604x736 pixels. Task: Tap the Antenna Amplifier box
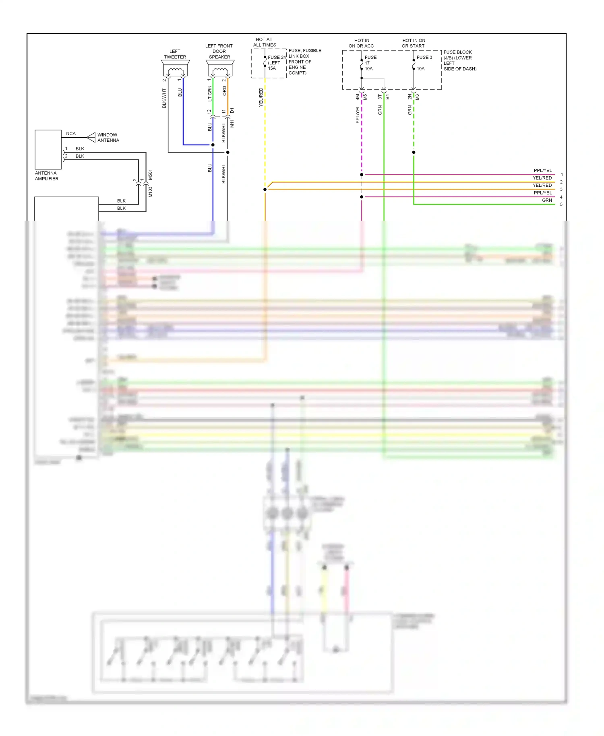[48, 149]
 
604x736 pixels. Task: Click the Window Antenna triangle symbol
[91, 137]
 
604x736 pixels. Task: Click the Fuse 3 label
[424, 57]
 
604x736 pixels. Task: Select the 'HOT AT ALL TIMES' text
[264, 42]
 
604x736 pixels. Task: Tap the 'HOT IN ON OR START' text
[414, 43]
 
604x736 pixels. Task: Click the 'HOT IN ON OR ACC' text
[361, 43]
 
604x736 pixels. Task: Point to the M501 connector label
[150, 174]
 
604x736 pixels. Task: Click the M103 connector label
[150, 192]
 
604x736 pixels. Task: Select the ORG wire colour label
[225, 91]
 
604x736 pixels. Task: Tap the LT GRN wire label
[210, 93]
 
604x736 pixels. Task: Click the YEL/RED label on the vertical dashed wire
[261, 97]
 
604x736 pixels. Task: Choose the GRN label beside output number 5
[547, 200]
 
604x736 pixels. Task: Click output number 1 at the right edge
[561, 175]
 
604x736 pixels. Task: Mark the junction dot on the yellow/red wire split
[265, 189]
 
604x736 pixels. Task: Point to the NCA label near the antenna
[71, 134]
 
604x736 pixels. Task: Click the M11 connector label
[232, 123]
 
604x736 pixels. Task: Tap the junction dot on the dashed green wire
[414, 152]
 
